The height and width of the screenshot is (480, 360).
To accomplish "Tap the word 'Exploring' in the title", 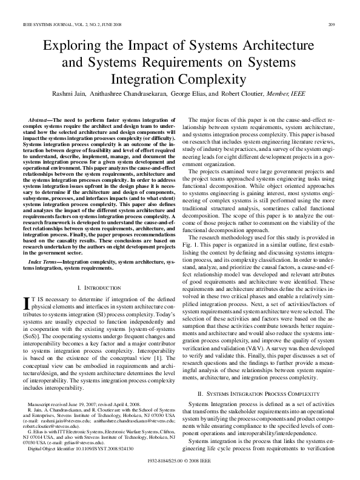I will [70, 47].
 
